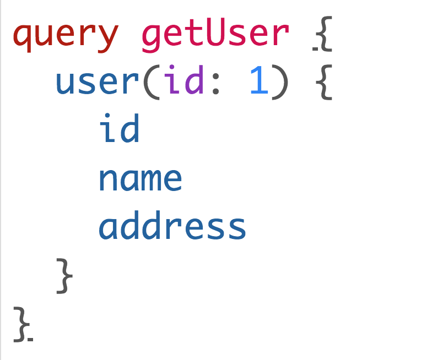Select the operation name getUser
tap(215, 35)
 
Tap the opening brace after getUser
tap(323, 35)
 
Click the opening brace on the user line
tap(323, 83)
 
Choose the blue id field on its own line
tap(119, 130)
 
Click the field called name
tap(140, 178)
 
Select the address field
tap(172, 226)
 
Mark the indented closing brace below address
tap(64, 275)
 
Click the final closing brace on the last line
tap(23, 324)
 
